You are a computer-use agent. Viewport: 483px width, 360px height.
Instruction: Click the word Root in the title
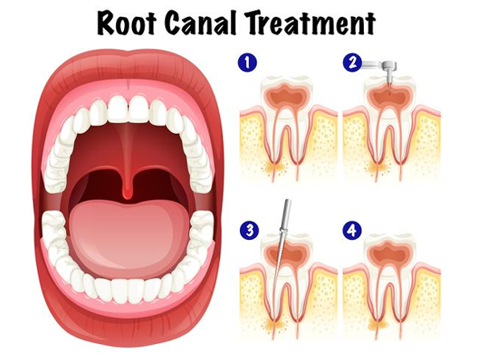pyautogui.click(x=126, y=23)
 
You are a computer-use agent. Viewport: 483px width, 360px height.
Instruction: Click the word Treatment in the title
pyautogui.click(x=311, y=23)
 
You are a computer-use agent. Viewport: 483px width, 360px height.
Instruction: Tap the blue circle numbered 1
pyautogui.click(x=247, y=63)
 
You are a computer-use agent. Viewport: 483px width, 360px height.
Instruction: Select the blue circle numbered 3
pyautogui.click(x=250, y=230)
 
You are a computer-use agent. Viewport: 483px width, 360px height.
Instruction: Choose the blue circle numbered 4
pyautogui.click(x=353, y=230)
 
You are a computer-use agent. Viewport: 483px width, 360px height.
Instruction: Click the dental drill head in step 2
pyautogui.click(x=389, y=66)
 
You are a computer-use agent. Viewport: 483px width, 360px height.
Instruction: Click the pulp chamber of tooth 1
pyautogui.click(x=286, y=95)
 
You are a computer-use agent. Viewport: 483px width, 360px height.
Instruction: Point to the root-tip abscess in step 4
pyautogui.click(x=378, y=322)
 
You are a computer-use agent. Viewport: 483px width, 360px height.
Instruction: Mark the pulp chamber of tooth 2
pyautogui.click(x=389, y=95)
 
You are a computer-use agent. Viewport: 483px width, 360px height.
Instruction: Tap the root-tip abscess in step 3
pyautogui.click(x=275, y=322)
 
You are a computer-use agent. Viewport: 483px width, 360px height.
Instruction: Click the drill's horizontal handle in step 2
pyautogui.click(x=372, y=64)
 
